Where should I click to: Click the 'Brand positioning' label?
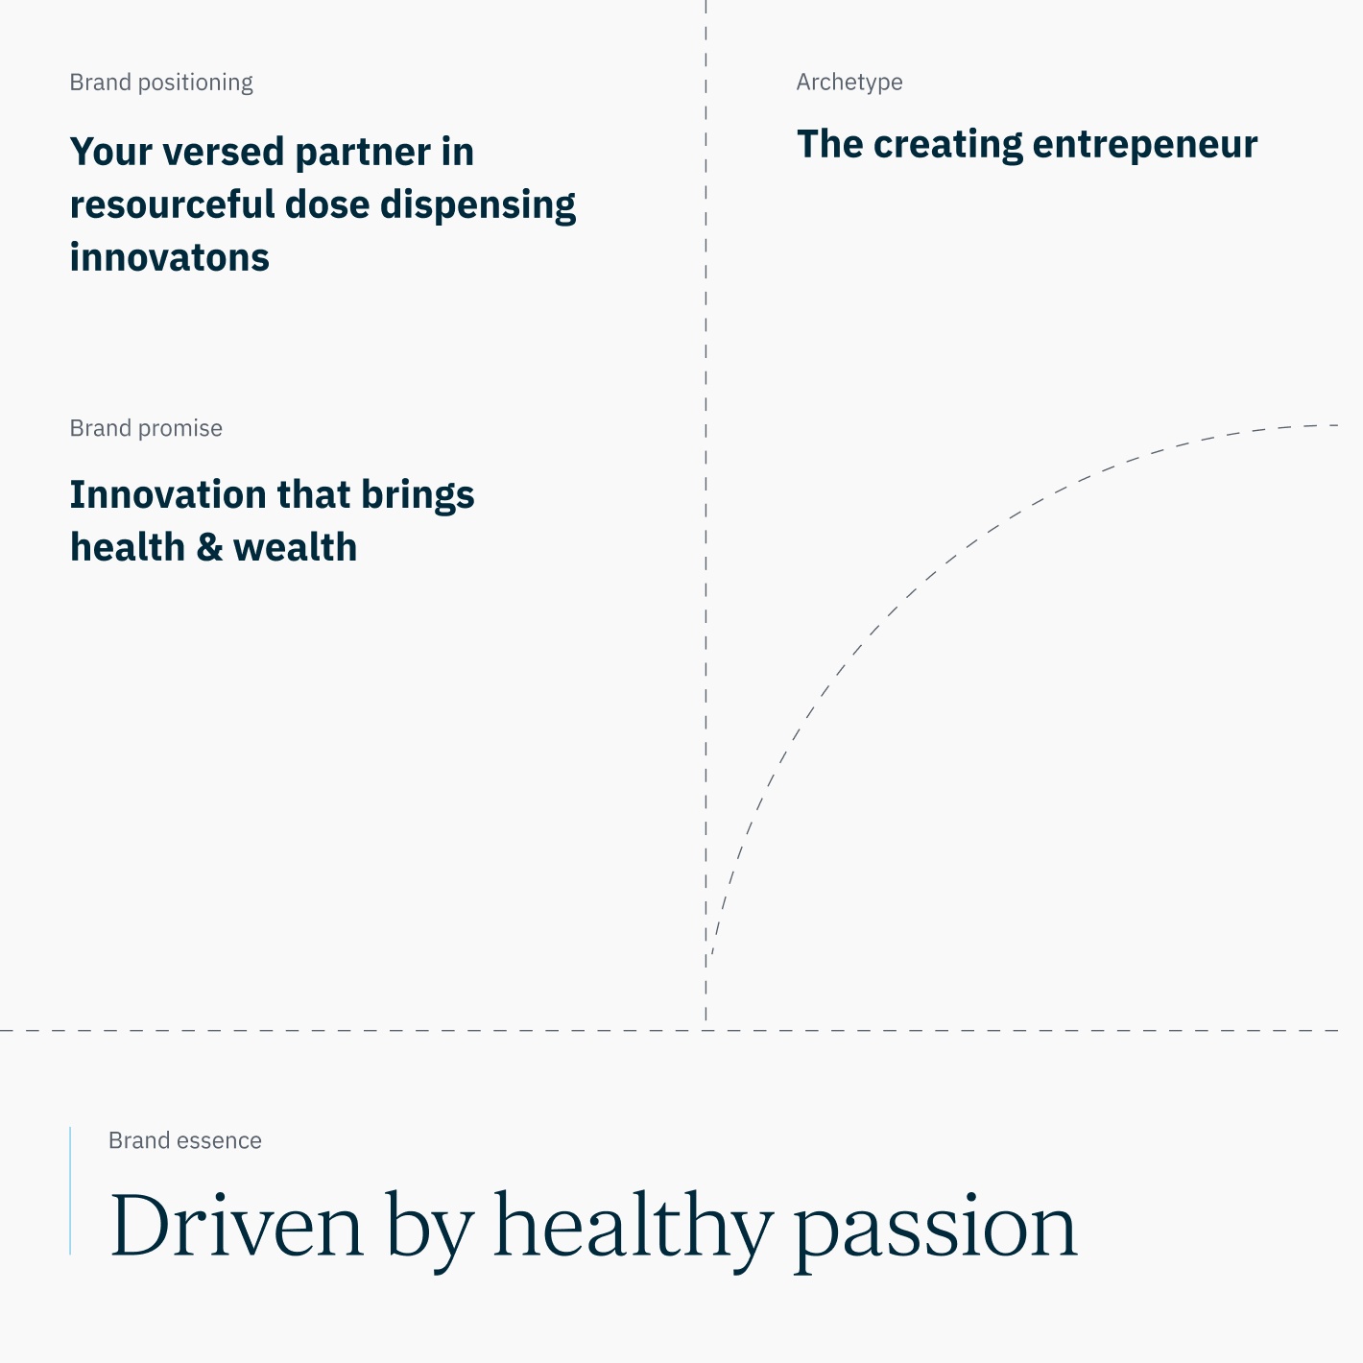coord(161,83)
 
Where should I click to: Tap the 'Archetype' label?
coord(849,83)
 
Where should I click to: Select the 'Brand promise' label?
coord(146,428)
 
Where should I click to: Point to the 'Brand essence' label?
coord(185,1140)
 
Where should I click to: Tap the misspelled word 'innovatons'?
coord(170,257)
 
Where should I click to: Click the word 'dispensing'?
coord(478,204)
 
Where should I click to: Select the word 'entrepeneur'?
coord(1144,144)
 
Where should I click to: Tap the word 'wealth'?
coord(295,547)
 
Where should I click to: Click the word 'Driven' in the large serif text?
coord(237,1226)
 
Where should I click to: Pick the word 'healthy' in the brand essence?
coord(633,1227)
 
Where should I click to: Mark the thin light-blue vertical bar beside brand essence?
coord(70,1190)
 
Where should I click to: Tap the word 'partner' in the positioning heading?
coord(363,152)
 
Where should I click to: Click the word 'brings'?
coord(418,495)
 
